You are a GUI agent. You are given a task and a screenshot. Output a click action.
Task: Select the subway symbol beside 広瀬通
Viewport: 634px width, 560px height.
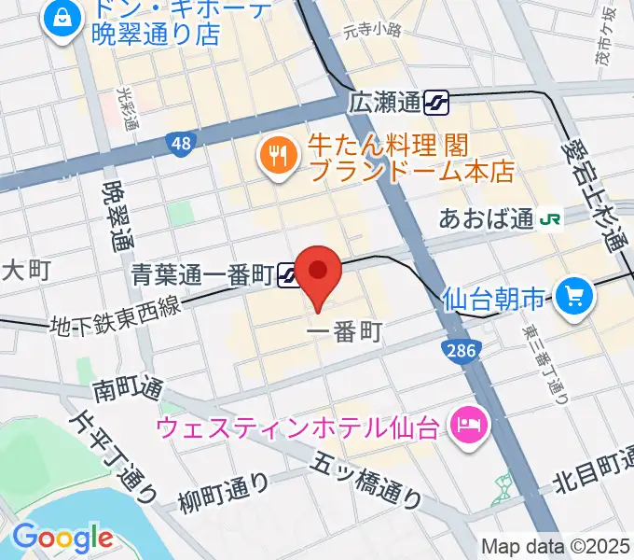tap(435, 101)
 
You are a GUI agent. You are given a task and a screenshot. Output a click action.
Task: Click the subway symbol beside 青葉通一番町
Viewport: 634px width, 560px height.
tap(287, 273)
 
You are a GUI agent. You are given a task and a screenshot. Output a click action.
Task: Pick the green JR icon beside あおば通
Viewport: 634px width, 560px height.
tap(553, 219)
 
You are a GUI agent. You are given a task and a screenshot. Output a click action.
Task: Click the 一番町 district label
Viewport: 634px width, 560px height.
tap(344, 332)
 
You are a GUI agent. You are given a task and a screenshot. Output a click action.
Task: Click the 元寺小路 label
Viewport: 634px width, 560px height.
tap(371, 30)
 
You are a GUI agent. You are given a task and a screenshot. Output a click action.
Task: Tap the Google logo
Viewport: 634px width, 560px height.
tap(62, 538)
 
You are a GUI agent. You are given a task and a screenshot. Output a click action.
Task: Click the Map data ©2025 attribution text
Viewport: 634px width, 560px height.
tap(556, 547)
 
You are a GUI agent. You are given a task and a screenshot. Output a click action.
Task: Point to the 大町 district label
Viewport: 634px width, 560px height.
tap(25, 271)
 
